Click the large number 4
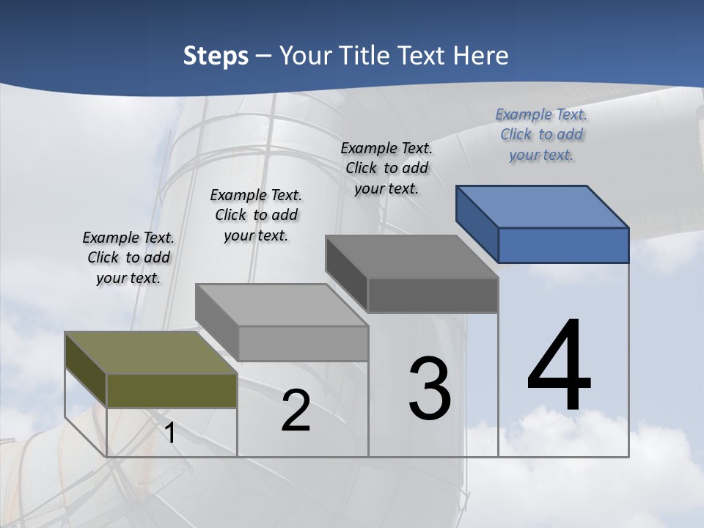pos(560,366)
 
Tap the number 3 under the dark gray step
pos(430,388)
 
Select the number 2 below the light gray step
pos(296,411)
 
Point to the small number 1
pos(170,433)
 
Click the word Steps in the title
pos(216,56)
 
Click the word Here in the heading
pos(482,56)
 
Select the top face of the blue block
pos(543,207)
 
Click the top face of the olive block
pos(151,353)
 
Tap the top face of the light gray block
pos(282,305)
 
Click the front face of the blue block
pos(563,245)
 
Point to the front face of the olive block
pos(172,390)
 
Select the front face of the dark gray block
pos(433,295)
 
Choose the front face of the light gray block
pos(303,343)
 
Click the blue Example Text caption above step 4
pos(541,134)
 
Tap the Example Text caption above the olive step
pos(128,257)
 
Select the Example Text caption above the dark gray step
pos(386,168)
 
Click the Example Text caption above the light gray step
pos(256,215)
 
